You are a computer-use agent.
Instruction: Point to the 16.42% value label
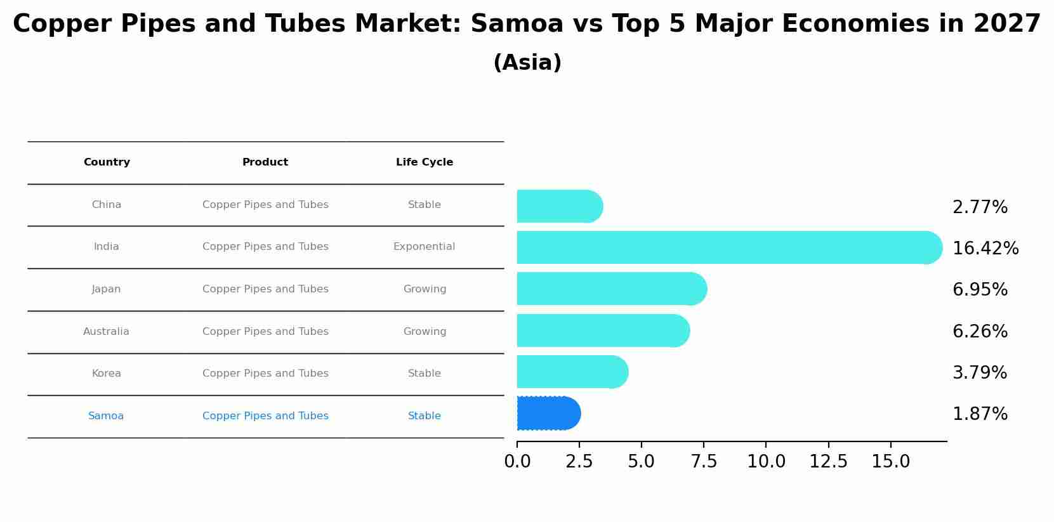point(985,249)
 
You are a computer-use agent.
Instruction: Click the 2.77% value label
point(980,207)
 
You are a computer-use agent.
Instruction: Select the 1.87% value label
point(980,414)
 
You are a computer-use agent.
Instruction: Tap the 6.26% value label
point(980,332)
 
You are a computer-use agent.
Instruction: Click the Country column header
point(107,162)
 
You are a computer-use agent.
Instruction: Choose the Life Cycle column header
point(425,162)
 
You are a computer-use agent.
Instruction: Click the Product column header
point(265,162)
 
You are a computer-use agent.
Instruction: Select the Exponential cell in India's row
point(425,247)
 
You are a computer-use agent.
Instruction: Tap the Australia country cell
point(106,332)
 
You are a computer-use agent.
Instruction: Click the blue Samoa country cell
point(106,416)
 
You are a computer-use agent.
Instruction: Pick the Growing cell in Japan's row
point(425,289)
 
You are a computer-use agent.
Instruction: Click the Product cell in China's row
point(265,205)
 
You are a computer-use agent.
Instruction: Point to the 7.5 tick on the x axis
point(704,462)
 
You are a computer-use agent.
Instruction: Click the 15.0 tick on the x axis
point(891,462)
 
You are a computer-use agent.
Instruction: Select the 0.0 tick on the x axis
point(517,462)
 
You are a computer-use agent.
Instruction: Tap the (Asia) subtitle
point(527,63)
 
